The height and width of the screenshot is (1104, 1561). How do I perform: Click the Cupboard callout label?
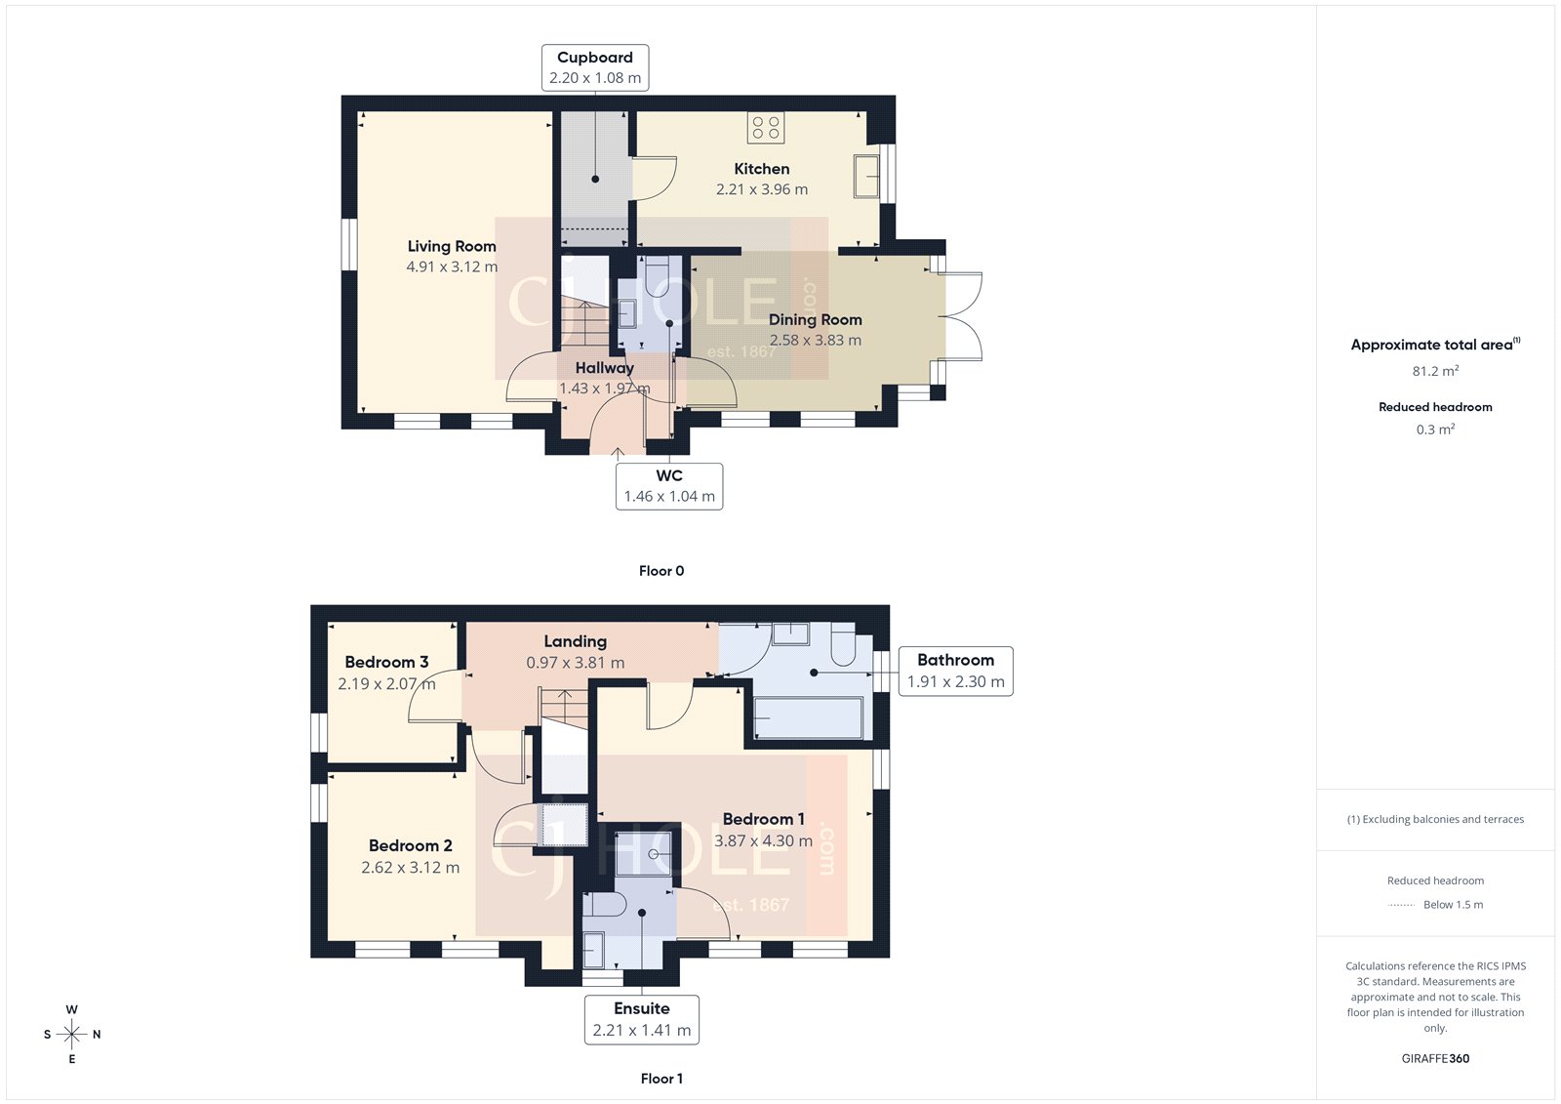point(595,67)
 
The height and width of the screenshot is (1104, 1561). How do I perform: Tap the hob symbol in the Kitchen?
point(766,128)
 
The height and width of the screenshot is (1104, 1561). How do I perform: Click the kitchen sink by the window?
point(866,176)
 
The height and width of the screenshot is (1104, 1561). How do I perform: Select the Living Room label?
point(452,246)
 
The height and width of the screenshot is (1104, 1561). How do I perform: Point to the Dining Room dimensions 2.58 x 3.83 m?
point(816,341)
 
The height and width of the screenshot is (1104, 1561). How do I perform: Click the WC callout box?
point(669,486)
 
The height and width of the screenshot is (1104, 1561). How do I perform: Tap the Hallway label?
point(604,368)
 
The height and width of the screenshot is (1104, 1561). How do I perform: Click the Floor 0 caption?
point(661,571)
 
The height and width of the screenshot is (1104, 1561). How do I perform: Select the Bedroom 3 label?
point(386,662)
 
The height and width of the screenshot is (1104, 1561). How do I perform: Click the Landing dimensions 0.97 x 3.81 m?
point(576,663)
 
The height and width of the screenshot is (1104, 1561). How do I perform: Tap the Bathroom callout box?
point(955,671)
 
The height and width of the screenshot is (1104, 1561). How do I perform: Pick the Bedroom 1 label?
point(763,819)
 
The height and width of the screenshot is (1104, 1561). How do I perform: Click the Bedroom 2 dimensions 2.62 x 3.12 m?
point(411,868)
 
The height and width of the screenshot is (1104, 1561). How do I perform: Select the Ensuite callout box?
point(642,1019)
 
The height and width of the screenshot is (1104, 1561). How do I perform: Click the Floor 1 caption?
point(661,1079)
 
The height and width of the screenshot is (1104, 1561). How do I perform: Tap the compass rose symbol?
point(72,1034)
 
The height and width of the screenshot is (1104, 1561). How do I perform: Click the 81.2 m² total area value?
point(1435,371)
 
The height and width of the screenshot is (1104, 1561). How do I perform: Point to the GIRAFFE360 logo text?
point(1435,1058)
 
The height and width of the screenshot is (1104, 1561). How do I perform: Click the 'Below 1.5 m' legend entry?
point(1452,905)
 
